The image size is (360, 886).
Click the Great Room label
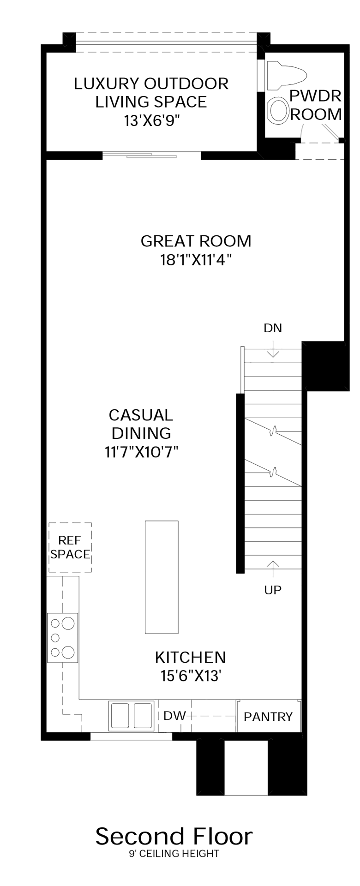(196, 241)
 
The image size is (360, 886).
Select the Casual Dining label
(141, 424)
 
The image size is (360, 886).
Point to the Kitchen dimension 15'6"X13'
(191, 676)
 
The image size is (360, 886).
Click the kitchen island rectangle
(162, 577)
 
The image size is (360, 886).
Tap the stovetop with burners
(62, 638)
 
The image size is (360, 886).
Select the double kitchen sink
(132, 716)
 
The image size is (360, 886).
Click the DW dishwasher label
(174, 716)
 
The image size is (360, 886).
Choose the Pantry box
(268, 716)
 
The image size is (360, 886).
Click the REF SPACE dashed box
(70, 548)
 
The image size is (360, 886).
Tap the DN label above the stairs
(273, 328)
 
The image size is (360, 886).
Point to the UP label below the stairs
(273, 590)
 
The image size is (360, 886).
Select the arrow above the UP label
(273, 569)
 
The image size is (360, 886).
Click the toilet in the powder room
(286, 75)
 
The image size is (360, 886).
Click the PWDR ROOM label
(316, 105)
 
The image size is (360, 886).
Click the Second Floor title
(174, 837)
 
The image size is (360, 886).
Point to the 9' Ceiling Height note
(174, 854)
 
